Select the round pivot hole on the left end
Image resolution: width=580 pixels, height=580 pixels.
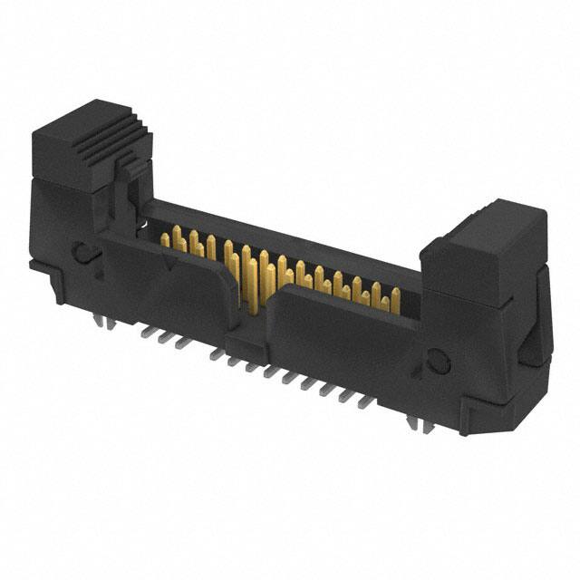[x=82, y=252]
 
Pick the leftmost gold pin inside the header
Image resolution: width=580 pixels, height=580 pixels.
[x=166, y=238]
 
